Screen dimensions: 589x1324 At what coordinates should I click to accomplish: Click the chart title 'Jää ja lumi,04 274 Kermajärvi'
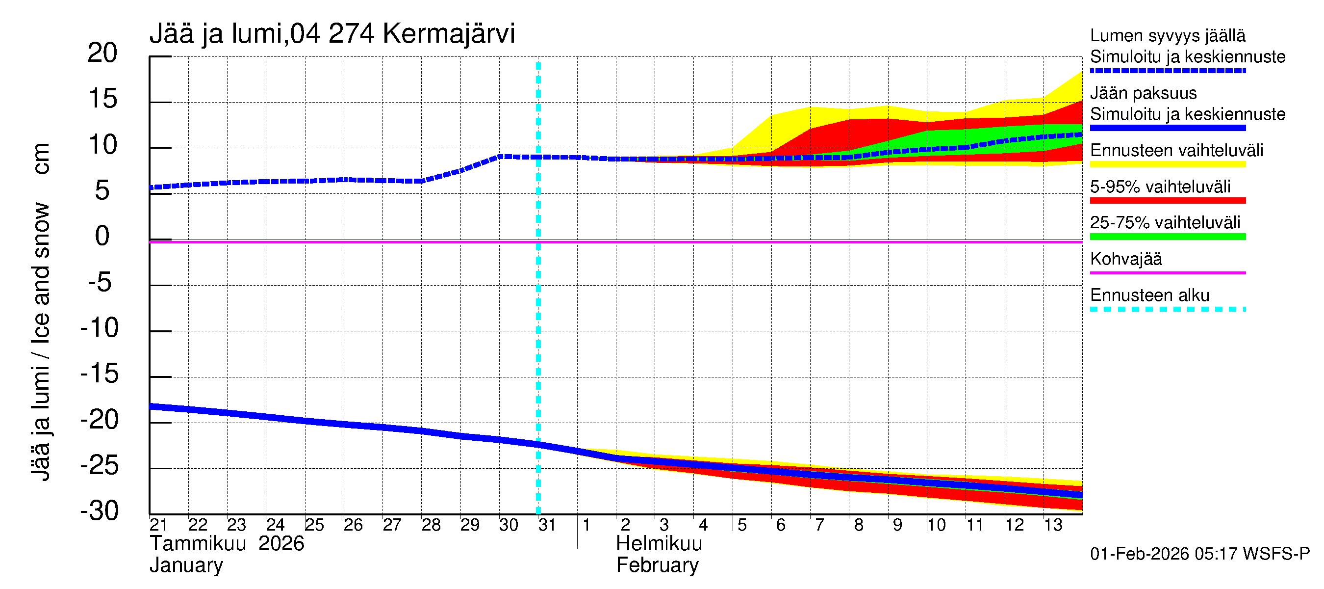pyautogui.click(x=332, y=34)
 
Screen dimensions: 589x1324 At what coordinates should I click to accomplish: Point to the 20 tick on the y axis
pyautogui.click(x=102, y=53)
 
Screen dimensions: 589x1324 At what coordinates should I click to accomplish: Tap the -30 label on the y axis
pyautogui.click(x=100, y=511)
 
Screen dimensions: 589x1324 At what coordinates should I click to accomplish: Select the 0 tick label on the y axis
pyautogui.click(x=102, y=236)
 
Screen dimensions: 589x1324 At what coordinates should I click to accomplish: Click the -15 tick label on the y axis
pyautogui.click(x=100, y=374)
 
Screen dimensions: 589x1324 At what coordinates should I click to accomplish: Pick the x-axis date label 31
pyautogui.click(x=547, y=525)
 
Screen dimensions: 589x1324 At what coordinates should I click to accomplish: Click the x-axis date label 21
pyautogui.click(x=158, y=525)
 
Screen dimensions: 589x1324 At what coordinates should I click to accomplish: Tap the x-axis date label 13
pyautogui.click(x=1053, y=525)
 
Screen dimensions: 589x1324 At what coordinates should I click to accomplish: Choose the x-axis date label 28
pyautogui.click(x=431, y=525)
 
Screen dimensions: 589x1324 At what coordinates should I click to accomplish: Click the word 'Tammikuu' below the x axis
pyautogui.click(x=198, y=544)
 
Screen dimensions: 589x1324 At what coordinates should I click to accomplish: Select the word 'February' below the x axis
pyautogui.click(x=658, y=565)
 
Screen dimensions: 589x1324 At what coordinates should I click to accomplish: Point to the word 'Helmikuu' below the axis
pyautogui.click(x=659, y=544)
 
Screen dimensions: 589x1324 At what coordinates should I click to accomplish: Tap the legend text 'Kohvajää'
pyautogui.click(x=1125, y=259)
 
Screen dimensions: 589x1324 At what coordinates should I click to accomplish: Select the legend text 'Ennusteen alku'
pyautogui.click(x=1150, y=295)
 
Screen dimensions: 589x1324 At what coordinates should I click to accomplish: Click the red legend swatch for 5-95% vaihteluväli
pyautogui.click(x=1167, y=201)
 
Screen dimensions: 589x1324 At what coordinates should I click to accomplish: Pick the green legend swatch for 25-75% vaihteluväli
pyautogui.click(x=1167, y=237)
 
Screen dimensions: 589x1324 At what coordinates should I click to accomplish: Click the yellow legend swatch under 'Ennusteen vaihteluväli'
pyautogui.click(x=1167, y=164)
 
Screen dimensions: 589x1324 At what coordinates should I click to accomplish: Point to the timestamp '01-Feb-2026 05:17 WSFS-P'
pyautogui.click(x=1199, y=554)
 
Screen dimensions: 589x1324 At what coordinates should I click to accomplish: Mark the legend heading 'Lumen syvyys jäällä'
pyautogui.click(x=1168, y=36)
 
